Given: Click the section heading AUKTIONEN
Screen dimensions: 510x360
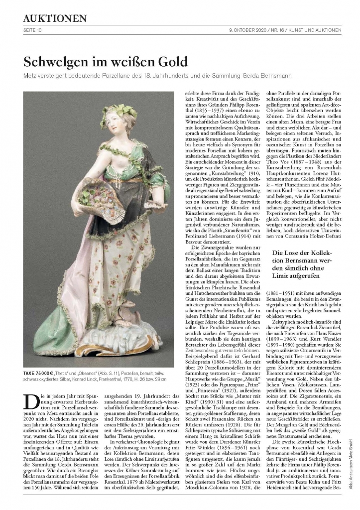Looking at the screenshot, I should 55,18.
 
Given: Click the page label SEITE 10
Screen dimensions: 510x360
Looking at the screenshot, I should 33,30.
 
